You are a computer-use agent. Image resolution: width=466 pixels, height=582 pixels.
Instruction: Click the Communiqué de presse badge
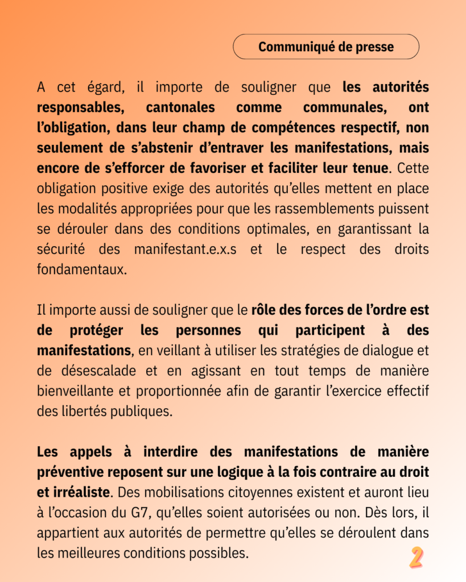pos(326,47)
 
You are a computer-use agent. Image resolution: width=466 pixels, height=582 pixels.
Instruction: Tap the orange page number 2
pos(416,558)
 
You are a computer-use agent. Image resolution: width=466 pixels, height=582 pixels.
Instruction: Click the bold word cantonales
pos(180,107)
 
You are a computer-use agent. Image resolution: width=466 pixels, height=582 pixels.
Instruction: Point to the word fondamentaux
pos(82,269)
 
